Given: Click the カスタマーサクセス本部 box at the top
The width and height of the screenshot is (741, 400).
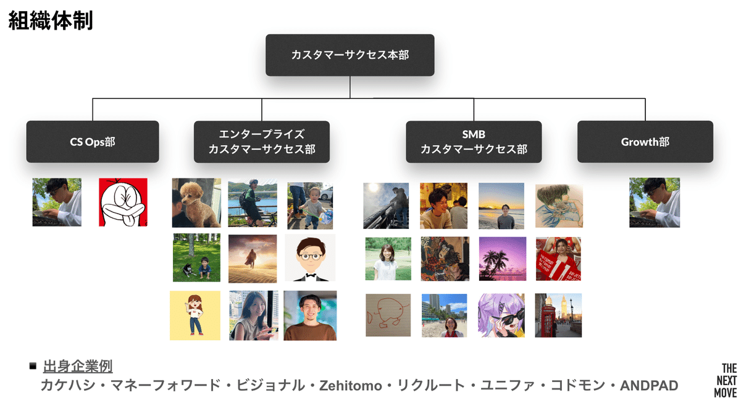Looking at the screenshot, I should coord(350,55).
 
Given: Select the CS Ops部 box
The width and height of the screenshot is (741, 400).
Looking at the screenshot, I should coord(93,141).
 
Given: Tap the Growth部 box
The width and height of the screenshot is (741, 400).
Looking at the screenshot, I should coord(645,141).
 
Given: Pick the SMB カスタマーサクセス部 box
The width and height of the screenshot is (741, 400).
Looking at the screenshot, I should coord(474,141).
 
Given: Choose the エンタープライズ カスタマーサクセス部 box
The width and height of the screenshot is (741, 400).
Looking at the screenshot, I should coord(262,141).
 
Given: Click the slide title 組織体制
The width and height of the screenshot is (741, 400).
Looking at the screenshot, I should coord(51,21).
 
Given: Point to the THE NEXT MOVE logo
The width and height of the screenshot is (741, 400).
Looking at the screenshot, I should coord(725,380).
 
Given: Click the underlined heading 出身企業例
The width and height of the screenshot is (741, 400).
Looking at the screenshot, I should coord(78,366).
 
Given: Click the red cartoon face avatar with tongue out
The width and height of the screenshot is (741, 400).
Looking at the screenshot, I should coord(123,202).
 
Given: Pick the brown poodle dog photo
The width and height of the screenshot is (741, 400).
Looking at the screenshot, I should coord(196,203).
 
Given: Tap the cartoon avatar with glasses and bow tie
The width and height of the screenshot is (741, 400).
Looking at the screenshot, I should coord(310,258).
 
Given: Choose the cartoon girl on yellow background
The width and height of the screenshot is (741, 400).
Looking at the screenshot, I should coord(195,315).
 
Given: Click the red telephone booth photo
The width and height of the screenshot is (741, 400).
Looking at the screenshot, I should coord(558,315).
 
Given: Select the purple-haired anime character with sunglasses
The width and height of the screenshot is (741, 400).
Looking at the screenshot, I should coord(501,315).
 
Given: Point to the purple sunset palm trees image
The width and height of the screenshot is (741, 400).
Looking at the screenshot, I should coord(503,259).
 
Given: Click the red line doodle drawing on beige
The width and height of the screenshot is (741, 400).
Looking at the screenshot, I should coord(388,315).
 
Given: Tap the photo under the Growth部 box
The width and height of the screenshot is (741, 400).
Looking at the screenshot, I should coord(654,202).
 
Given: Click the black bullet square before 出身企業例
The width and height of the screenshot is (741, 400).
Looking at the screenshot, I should coord(33,366).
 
